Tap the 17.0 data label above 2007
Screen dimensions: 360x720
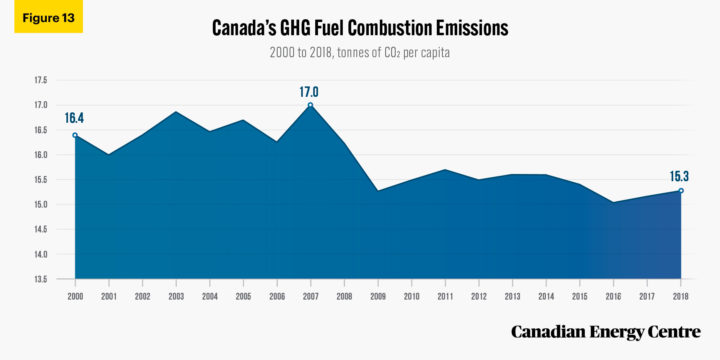[310, 92]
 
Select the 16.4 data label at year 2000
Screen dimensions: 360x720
[75, 119]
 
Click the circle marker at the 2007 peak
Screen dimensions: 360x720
[310, 105]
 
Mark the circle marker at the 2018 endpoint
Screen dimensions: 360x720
[680, 190]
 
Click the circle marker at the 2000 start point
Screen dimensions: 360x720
[75, 135]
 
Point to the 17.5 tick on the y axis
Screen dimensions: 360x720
[41, 80]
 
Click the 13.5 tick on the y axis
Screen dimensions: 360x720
[41, 279]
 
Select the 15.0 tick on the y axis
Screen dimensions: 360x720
[41, 204]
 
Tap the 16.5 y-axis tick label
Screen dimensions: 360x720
[41, 130]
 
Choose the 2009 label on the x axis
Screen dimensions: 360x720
[377, 296]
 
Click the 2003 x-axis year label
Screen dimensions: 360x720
[176, 296]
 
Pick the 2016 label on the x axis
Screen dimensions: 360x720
[613, 296]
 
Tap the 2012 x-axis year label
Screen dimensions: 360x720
[478, 296]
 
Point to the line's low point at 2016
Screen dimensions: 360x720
[613, 202]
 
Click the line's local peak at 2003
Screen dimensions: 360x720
[176, 112]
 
